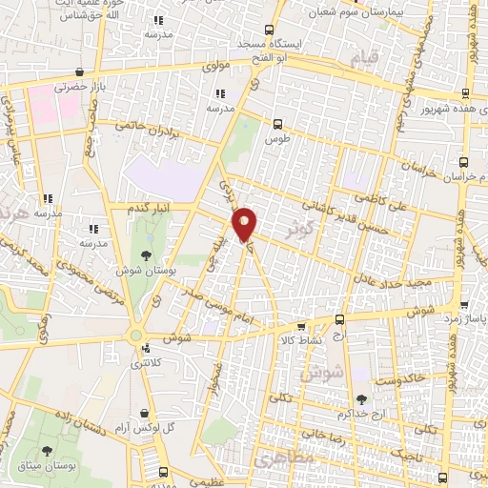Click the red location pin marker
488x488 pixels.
245,223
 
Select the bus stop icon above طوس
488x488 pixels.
277,123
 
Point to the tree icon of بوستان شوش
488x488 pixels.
145,254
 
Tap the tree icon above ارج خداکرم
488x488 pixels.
360,400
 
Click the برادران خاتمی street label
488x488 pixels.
147,127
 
